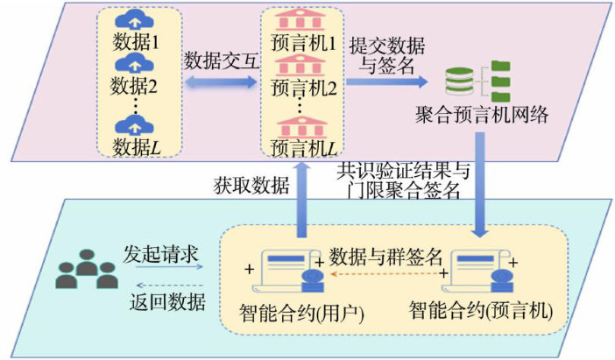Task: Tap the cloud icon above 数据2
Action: click(134, 63)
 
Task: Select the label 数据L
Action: click(134, 148)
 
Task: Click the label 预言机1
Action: click(303, 42)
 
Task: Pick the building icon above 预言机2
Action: click(302, 65)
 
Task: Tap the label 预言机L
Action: click(303, 148)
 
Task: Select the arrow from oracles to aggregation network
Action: click(386, 82)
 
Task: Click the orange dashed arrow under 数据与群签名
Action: click(385, 273)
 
